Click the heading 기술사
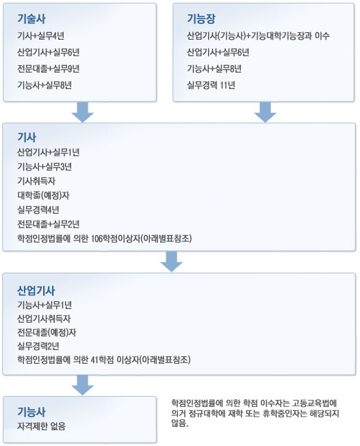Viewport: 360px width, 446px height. [x=31, y=18]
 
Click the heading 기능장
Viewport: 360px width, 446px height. [x=201, y=18]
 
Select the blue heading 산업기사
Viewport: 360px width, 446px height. [x=36, y=290]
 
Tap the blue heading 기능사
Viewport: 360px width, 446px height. [x=31, y=412]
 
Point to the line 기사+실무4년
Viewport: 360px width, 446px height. [x=40, y=36]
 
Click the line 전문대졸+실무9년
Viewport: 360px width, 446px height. [x=48, y=69]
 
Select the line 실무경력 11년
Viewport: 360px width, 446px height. [x=211, y=85]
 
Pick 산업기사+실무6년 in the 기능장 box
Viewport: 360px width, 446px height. [x=218, y=52]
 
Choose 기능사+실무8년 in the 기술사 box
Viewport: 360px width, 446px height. [x=44, y=85]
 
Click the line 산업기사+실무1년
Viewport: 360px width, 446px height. [x=48, y=152]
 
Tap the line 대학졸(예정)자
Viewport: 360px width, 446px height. [x=43, y=195]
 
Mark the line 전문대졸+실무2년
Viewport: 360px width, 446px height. [x=48, y=224]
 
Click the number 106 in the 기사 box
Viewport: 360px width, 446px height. [x=97, y=238]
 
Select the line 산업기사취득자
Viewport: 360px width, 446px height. [x=44, y=319]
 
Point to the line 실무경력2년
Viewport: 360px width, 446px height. [x=38, y=346]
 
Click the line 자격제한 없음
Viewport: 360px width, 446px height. [x=42, y=426]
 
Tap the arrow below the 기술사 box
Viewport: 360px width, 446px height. [x=82, y=112]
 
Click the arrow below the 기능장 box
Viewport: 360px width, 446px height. [x=265, y=112]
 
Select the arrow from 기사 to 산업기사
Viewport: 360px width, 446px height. [x=171, y=262]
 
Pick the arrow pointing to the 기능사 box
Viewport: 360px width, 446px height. [x=82, y=385]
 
